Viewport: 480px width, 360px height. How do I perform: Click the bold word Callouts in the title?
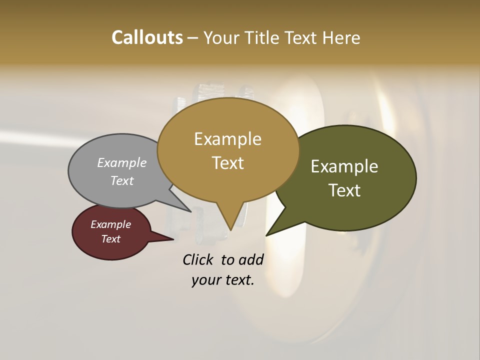147,37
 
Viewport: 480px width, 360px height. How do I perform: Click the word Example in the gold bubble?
227,139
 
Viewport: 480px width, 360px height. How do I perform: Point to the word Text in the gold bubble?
227,162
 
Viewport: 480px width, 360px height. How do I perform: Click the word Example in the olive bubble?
344,166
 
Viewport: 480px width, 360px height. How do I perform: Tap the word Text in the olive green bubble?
344,190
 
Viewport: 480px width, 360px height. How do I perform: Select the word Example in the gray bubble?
122,162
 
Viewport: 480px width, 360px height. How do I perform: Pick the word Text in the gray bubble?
122,180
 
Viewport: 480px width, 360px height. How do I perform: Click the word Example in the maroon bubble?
110,224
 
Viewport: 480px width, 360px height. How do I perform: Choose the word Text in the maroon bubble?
110,239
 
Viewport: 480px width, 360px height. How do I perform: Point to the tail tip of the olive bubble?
266,235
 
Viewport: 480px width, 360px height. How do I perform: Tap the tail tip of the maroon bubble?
173,239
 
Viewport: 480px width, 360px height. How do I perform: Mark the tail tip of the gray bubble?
191,211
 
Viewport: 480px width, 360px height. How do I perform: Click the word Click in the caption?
199,259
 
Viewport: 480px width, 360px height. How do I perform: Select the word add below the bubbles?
250,259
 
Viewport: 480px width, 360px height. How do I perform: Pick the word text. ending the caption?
237,280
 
